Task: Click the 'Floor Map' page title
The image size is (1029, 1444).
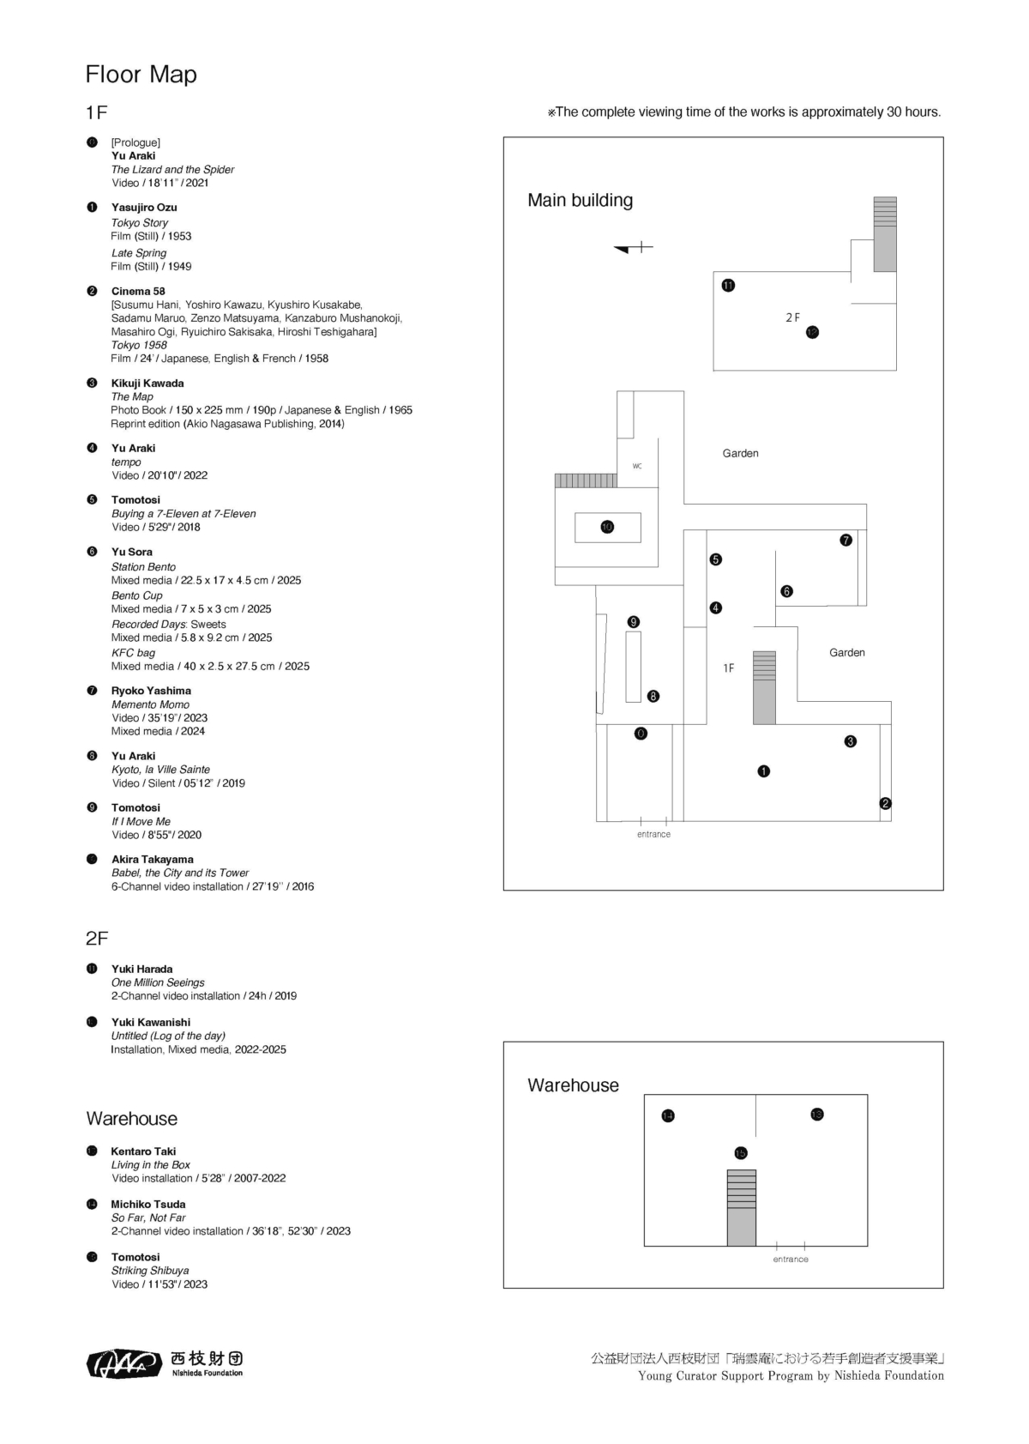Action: pyautogui.click(x=141, y=75)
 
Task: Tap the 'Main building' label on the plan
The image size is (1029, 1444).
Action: pyautogui.click(x=580, y=201)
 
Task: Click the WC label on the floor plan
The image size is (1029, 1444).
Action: pyautogui.click(x=637, y=466)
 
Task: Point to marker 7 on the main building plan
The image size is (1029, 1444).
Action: pyautogui.click(x=846, y=540)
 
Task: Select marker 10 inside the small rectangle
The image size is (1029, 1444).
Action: pyautogui.click(x=607, y=527)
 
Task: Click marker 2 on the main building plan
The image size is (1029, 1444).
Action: pyautogui.click(x=886, y=803)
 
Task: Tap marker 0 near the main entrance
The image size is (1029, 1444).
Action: pyautogui.click(x=641, y=734)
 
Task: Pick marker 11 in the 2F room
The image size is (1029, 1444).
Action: pyautogui.click(x=728, y=286)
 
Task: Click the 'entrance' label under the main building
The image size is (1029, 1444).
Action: pyautogui.click(x=653, y=834)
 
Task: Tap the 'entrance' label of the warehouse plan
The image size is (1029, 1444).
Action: pyautogui.click(x=790, y=1259)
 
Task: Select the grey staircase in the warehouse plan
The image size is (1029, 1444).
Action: pyautogui.click(x=742, y=1207)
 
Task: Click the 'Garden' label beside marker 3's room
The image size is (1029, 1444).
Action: pyautogui.click(x=846, y=653)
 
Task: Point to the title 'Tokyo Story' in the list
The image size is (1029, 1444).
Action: pyautogui.click(x=140, y=222)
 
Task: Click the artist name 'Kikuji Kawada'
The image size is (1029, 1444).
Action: pyautogui.click(x=147, y=384)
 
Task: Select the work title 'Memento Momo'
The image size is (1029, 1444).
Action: pyautogui.click(x=150, y=704)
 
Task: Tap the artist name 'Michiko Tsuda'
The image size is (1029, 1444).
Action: pyautogui.click(x=148, y=1204)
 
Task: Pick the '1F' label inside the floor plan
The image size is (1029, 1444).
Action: pyautogui.click(x=728, y=668)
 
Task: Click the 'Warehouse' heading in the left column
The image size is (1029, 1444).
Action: pyautogui.click(x=131, y=1119)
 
